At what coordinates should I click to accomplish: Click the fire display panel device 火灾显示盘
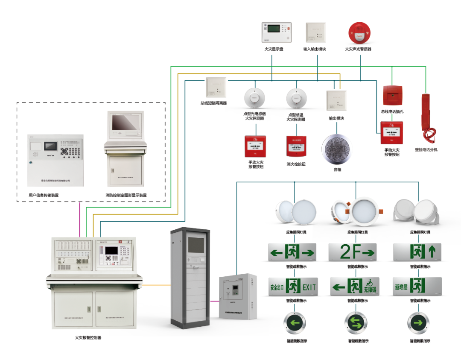277,33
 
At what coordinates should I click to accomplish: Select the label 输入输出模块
315,49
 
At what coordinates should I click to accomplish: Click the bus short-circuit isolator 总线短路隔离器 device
216,88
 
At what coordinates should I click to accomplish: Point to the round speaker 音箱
337,149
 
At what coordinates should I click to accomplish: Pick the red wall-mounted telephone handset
427,117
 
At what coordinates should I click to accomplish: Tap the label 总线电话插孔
392,111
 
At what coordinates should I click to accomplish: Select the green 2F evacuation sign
352,252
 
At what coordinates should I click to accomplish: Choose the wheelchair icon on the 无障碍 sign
369,283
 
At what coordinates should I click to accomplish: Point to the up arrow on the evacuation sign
432,252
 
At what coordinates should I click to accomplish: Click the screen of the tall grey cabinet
196,245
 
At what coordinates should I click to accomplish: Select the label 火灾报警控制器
88,337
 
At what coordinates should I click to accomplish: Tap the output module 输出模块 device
336,100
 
